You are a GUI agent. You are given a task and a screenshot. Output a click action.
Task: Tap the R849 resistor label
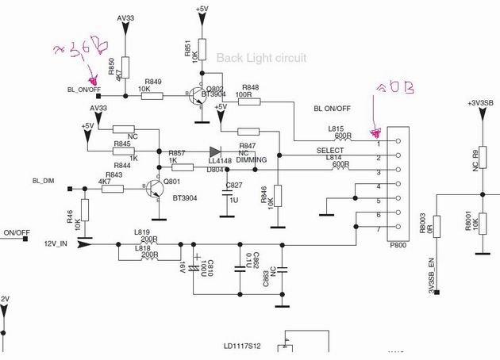pos(153,82)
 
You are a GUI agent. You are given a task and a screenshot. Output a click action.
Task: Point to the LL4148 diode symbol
pos(215,151)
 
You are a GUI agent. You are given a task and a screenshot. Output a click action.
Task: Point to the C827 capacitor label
pos(234,185)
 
